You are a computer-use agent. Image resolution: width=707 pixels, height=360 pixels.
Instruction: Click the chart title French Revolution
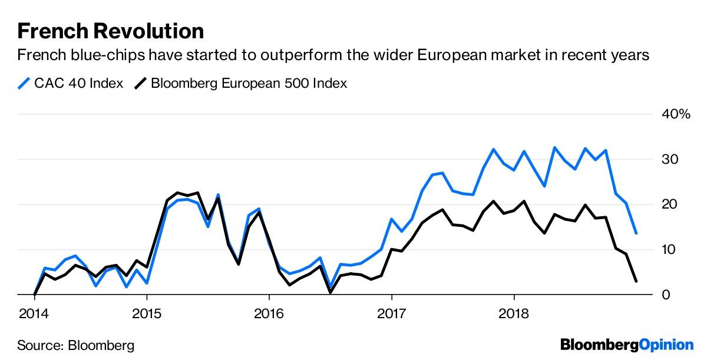[111, 31]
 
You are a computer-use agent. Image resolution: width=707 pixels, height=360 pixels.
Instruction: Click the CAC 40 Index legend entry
[71, 83]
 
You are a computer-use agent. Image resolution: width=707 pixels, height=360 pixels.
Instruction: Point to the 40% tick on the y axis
[676, 114]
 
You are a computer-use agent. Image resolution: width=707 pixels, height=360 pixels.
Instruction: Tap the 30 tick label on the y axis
[670, 160]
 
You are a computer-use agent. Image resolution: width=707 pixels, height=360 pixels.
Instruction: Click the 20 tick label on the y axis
[670, 204]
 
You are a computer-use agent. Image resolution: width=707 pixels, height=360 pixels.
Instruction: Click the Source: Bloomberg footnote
[76, 345]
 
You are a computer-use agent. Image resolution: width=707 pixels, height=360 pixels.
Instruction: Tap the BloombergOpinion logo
[627, 345]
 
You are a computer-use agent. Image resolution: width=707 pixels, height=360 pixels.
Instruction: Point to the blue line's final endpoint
[636, 233]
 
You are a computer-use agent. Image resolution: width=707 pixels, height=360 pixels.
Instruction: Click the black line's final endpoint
[636, 281]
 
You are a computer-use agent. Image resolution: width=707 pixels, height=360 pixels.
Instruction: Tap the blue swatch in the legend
[25, 83]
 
